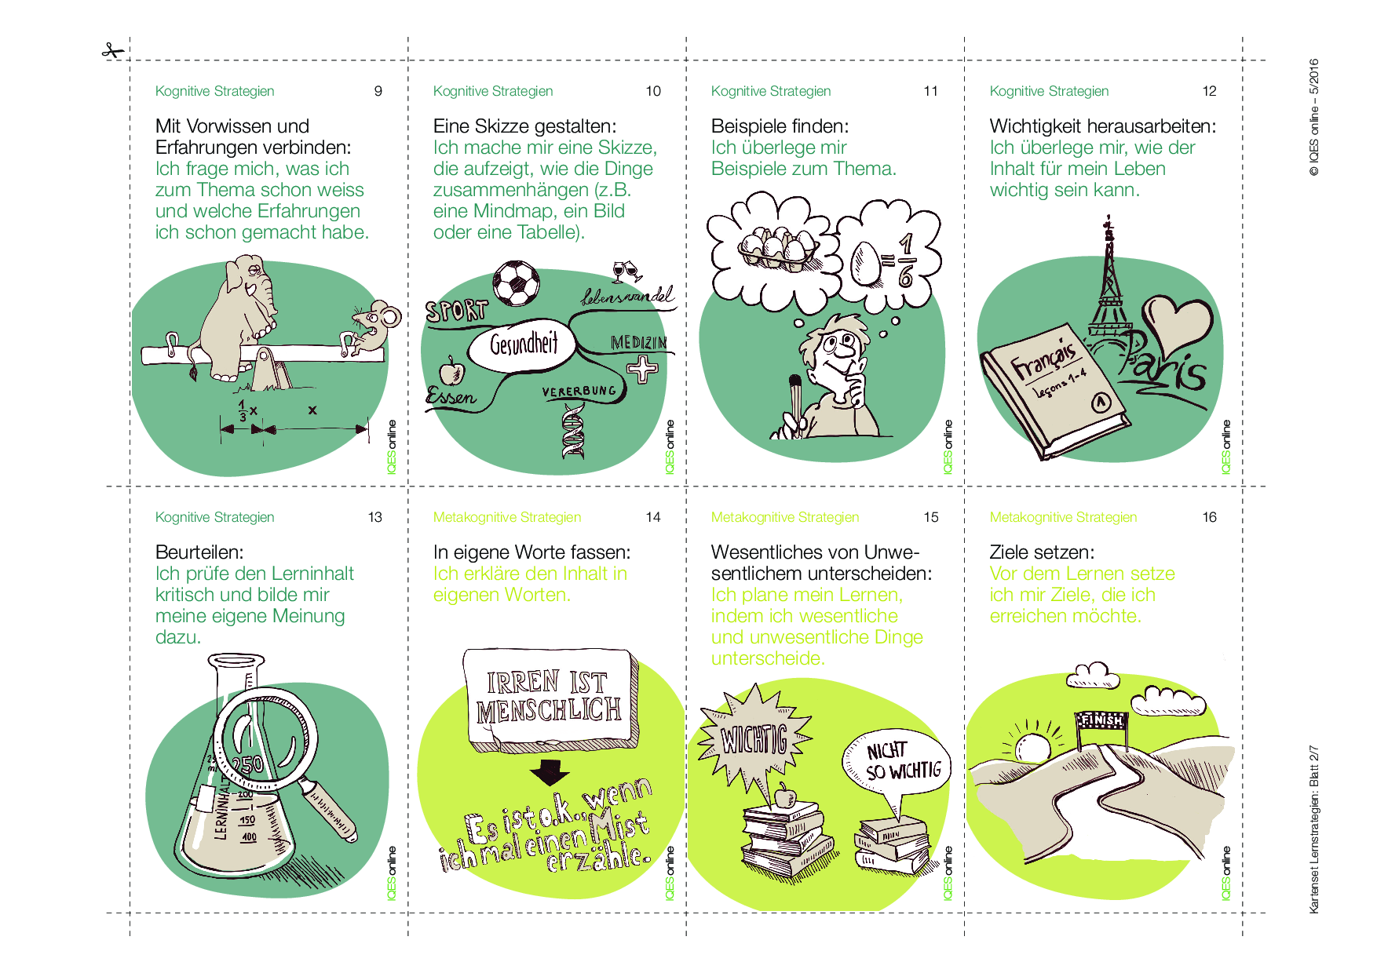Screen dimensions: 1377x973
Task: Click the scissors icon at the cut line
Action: (113, 52)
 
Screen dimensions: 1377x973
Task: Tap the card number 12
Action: (1209, 91)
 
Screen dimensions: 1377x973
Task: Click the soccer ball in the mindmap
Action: (517, 283)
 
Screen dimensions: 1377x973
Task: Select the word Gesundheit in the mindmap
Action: (524, 343)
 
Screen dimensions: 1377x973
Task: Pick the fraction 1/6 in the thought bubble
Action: (905, 259)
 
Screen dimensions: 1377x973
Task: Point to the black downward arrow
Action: (550, 772)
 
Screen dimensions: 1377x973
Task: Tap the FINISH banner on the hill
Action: (1102, 720)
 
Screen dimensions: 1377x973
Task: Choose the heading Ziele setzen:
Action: (1042, 552)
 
